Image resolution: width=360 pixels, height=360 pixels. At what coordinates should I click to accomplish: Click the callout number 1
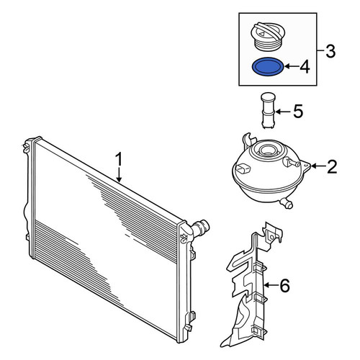pyautogui.click(x=120, y=160)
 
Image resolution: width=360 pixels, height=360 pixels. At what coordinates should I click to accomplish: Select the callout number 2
pyautogui.click(x=332, y=167)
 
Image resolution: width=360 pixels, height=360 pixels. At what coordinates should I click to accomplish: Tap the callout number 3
pyautogui.click(x=330, y=51)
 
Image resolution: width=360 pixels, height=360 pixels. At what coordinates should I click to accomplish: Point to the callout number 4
pyautogui.click(x=305, y=67)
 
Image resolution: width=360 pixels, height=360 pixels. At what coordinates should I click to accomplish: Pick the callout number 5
pyautogui.click(x=298, y=112)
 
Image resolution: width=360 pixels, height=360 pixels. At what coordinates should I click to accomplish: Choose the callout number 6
pyautogui.click(x=285, y=286)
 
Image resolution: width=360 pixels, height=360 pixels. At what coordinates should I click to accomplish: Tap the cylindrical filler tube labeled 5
pyautogui.click(x=268, y=111)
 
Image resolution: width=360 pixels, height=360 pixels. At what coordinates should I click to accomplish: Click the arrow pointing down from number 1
pyautogui.click(x=120, y=175)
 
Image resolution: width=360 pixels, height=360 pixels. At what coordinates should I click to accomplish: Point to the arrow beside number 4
pyautogui.click(x=291, y=66)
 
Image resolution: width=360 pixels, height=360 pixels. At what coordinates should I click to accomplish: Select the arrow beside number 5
pyautogui.click(x=284, y=112)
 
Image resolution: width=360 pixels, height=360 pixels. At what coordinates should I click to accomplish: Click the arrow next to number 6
pyautogui.click(x=271, y=285)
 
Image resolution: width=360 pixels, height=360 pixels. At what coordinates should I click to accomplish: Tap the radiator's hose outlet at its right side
pyautogui.click(x=200, y=227)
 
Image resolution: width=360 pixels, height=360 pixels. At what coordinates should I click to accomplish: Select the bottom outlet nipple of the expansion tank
pyautogui.click(x=287, y=204)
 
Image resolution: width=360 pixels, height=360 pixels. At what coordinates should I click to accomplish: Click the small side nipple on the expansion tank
pyautogui.click(x=292, y=162)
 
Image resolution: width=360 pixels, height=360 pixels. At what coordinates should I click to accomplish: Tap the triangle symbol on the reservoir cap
pyautogui.click(x=261, y=33)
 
